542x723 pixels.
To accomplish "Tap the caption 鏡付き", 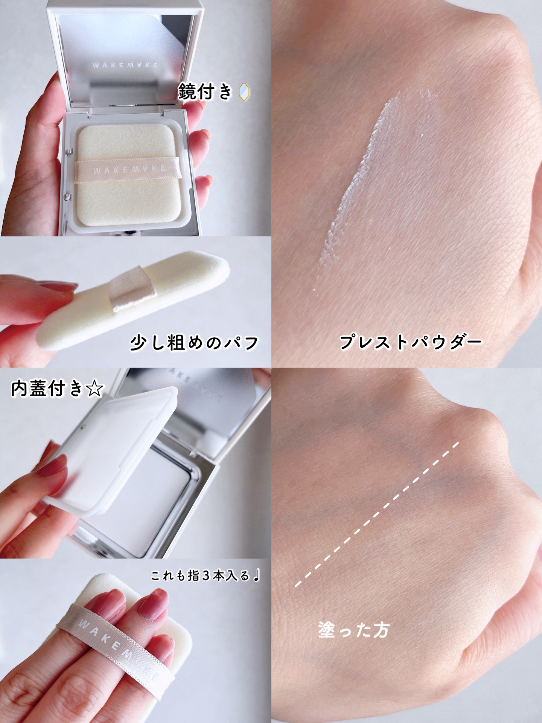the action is tap(205, 92).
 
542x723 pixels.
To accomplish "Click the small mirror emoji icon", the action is tap(244, 92).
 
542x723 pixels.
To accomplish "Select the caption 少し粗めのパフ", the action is tap(194, 342).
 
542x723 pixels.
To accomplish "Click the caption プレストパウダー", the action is tap(411, 342).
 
